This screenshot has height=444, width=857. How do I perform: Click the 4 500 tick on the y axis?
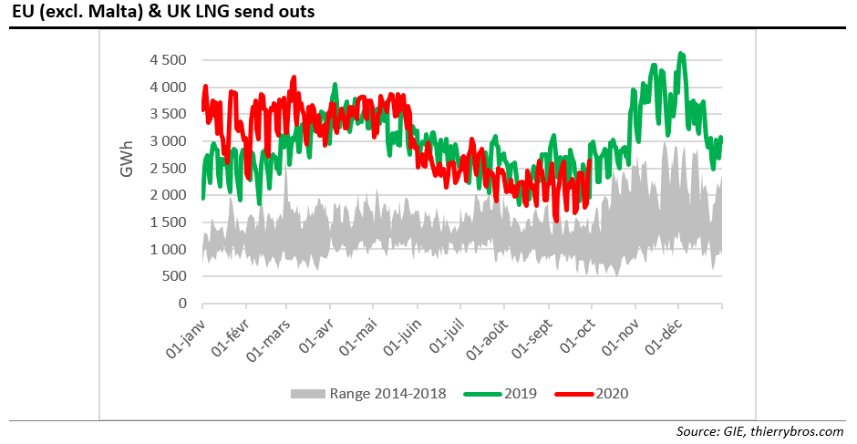[167, 60]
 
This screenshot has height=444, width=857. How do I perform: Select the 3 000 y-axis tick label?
[167, 141]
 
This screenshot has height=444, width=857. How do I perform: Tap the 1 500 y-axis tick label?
[167, 222]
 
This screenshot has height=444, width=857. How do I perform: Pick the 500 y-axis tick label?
[174, 276]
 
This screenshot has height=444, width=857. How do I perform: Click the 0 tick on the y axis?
[183, 304]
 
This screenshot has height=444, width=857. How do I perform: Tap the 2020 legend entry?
[613, 394]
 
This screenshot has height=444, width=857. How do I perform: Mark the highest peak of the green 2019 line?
[681, 54]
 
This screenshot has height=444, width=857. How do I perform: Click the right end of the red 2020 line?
[590, 160]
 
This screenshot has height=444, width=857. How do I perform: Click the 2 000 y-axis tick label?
[167, 195]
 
